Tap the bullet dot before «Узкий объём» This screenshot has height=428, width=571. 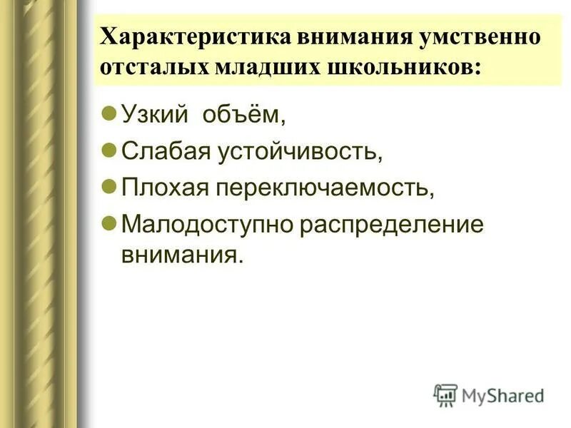tap(108, 113)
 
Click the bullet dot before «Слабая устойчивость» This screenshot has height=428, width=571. tap(108, 150)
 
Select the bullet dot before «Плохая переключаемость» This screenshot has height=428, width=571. tap(108, 186)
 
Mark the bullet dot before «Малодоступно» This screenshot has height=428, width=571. tap(108, 223)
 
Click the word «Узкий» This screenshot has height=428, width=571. tap(151, 115)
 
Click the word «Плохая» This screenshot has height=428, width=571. tap(163, 188)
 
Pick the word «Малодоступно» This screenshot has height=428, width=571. tap(207, 225)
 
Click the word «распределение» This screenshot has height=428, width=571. tap(392, 225)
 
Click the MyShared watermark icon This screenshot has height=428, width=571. tap(445, 394)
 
